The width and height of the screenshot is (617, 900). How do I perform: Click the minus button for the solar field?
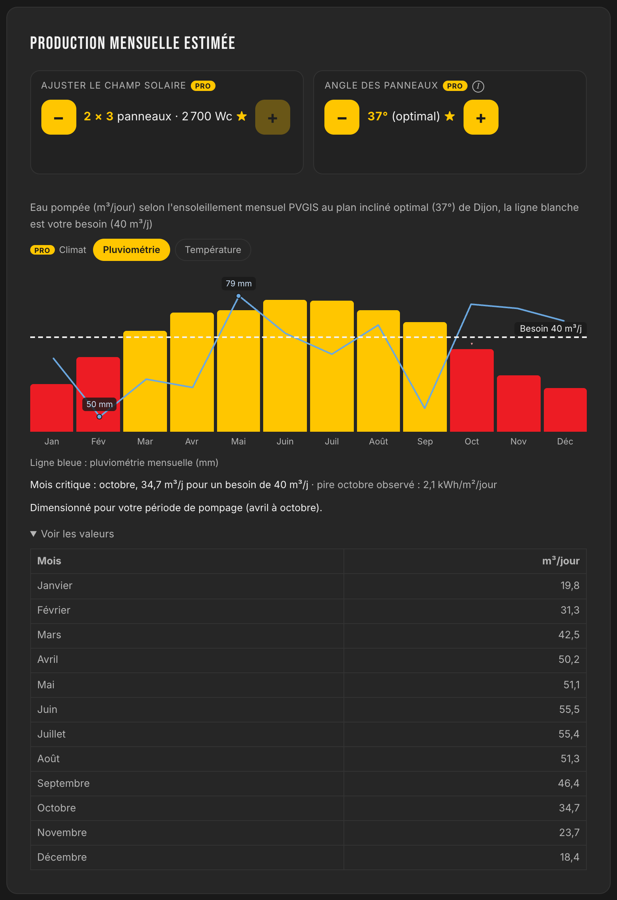tap(59, 117)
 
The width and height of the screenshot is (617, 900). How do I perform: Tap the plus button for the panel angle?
tap(481, 117)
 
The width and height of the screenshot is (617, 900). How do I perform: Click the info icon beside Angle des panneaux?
tap(478, 86)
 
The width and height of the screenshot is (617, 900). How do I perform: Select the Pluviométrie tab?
tap(132, 250)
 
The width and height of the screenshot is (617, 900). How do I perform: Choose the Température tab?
tap(213, 250)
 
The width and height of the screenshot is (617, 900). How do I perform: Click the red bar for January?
tap(52, 408)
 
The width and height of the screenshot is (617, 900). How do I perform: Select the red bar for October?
tap(472, 390)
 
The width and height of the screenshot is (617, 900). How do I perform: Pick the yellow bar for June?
tap(285, 366)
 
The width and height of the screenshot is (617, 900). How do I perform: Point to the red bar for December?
tap(565, 410)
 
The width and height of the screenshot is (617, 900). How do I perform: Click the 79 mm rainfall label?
tap(239, 284)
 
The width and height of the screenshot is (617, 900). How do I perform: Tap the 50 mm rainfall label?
tap(99, 404)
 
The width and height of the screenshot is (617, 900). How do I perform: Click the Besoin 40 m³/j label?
tap(551, 328)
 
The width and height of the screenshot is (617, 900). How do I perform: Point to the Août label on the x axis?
tap(378, 442)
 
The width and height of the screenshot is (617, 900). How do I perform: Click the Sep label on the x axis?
tap(425, 442)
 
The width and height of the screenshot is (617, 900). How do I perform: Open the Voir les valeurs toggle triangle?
tap(33, 534)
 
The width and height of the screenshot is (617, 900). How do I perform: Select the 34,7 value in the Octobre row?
tap(569, 808)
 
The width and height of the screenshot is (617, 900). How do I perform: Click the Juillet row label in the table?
tap(51, 734)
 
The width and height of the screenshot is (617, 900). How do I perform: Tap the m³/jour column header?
tap(561, 561)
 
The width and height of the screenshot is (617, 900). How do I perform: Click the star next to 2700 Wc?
tap(242, 116)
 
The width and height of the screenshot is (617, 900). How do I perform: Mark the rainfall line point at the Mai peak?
tap(239, 296)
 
